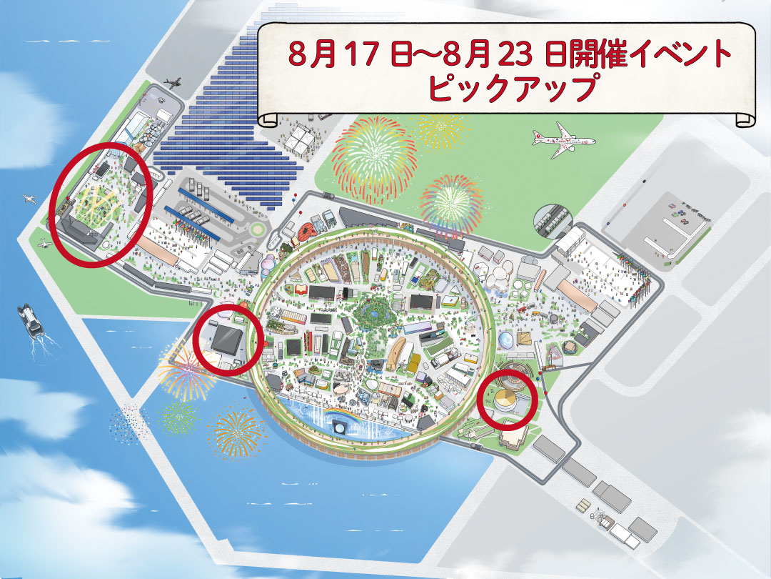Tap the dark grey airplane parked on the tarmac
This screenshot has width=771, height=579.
172,84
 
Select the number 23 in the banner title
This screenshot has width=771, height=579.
520,54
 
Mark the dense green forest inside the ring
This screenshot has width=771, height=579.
373,312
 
